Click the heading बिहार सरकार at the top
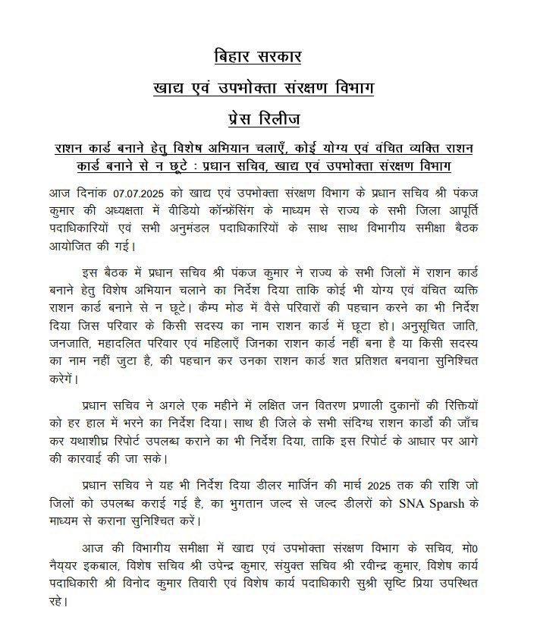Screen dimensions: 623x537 (x=268, y=57)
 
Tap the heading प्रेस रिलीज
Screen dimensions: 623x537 (x=268, y=119)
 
